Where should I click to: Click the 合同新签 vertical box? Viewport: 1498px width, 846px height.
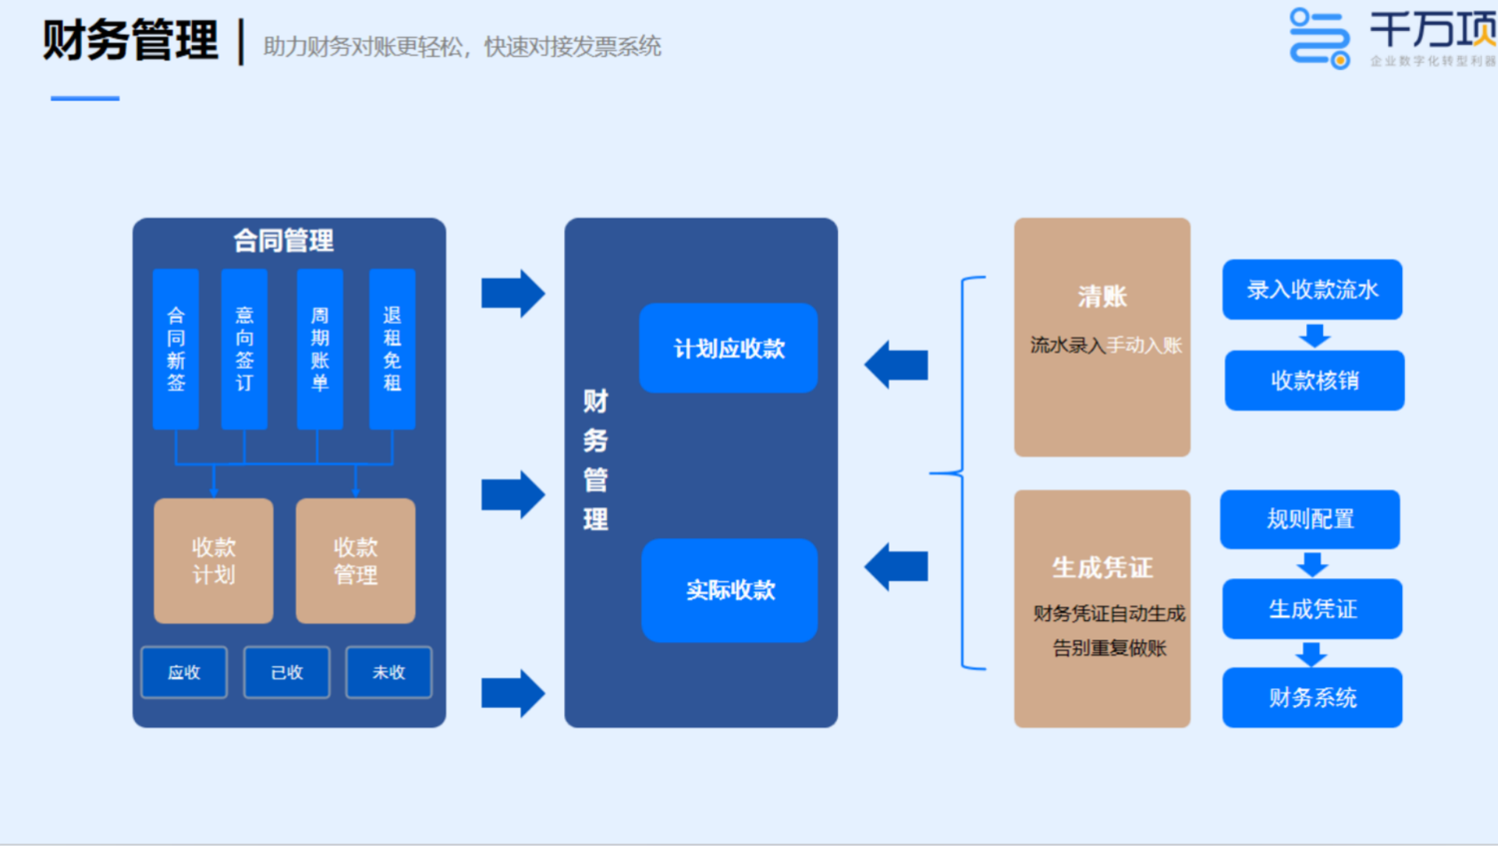[176, 349]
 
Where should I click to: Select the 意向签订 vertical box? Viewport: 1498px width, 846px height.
[245, 349]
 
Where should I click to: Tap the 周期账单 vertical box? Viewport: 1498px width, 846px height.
[320, 349]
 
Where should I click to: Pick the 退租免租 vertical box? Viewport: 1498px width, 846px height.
[392, 349]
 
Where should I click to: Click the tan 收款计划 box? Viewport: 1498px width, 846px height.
[214, 560]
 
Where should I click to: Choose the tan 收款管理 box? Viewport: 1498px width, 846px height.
[356, 560]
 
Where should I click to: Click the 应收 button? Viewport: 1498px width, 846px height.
[184, 672]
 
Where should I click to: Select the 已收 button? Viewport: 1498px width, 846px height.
[287, 672]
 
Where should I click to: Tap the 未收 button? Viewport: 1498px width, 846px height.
[388, 672]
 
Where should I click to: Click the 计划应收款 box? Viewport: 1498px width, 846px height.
[729, 348]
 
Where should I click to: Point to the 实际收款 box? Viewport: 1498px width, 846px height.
[730, 590]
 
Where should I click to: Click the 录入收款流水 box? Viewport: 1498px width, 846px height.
[1312, 290]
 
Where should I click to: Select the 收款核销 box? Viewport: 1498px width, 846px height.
[1314, 381]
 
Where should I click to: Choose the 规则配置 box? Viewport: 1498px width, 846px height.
[1310, 519]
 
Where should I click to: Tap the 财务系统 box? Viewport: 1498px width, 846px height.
[1312, 697]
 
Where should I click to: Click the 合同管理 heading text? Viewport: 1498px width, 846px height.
[284, 241]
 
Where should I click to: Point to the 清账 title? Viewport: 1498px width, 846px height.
[1103, 297]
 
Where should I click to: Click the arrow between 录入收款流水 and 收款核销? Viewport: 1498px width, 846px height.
[1314, 336]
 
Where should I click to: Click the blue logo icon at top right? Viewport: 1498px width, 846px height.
[1319, 38]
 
